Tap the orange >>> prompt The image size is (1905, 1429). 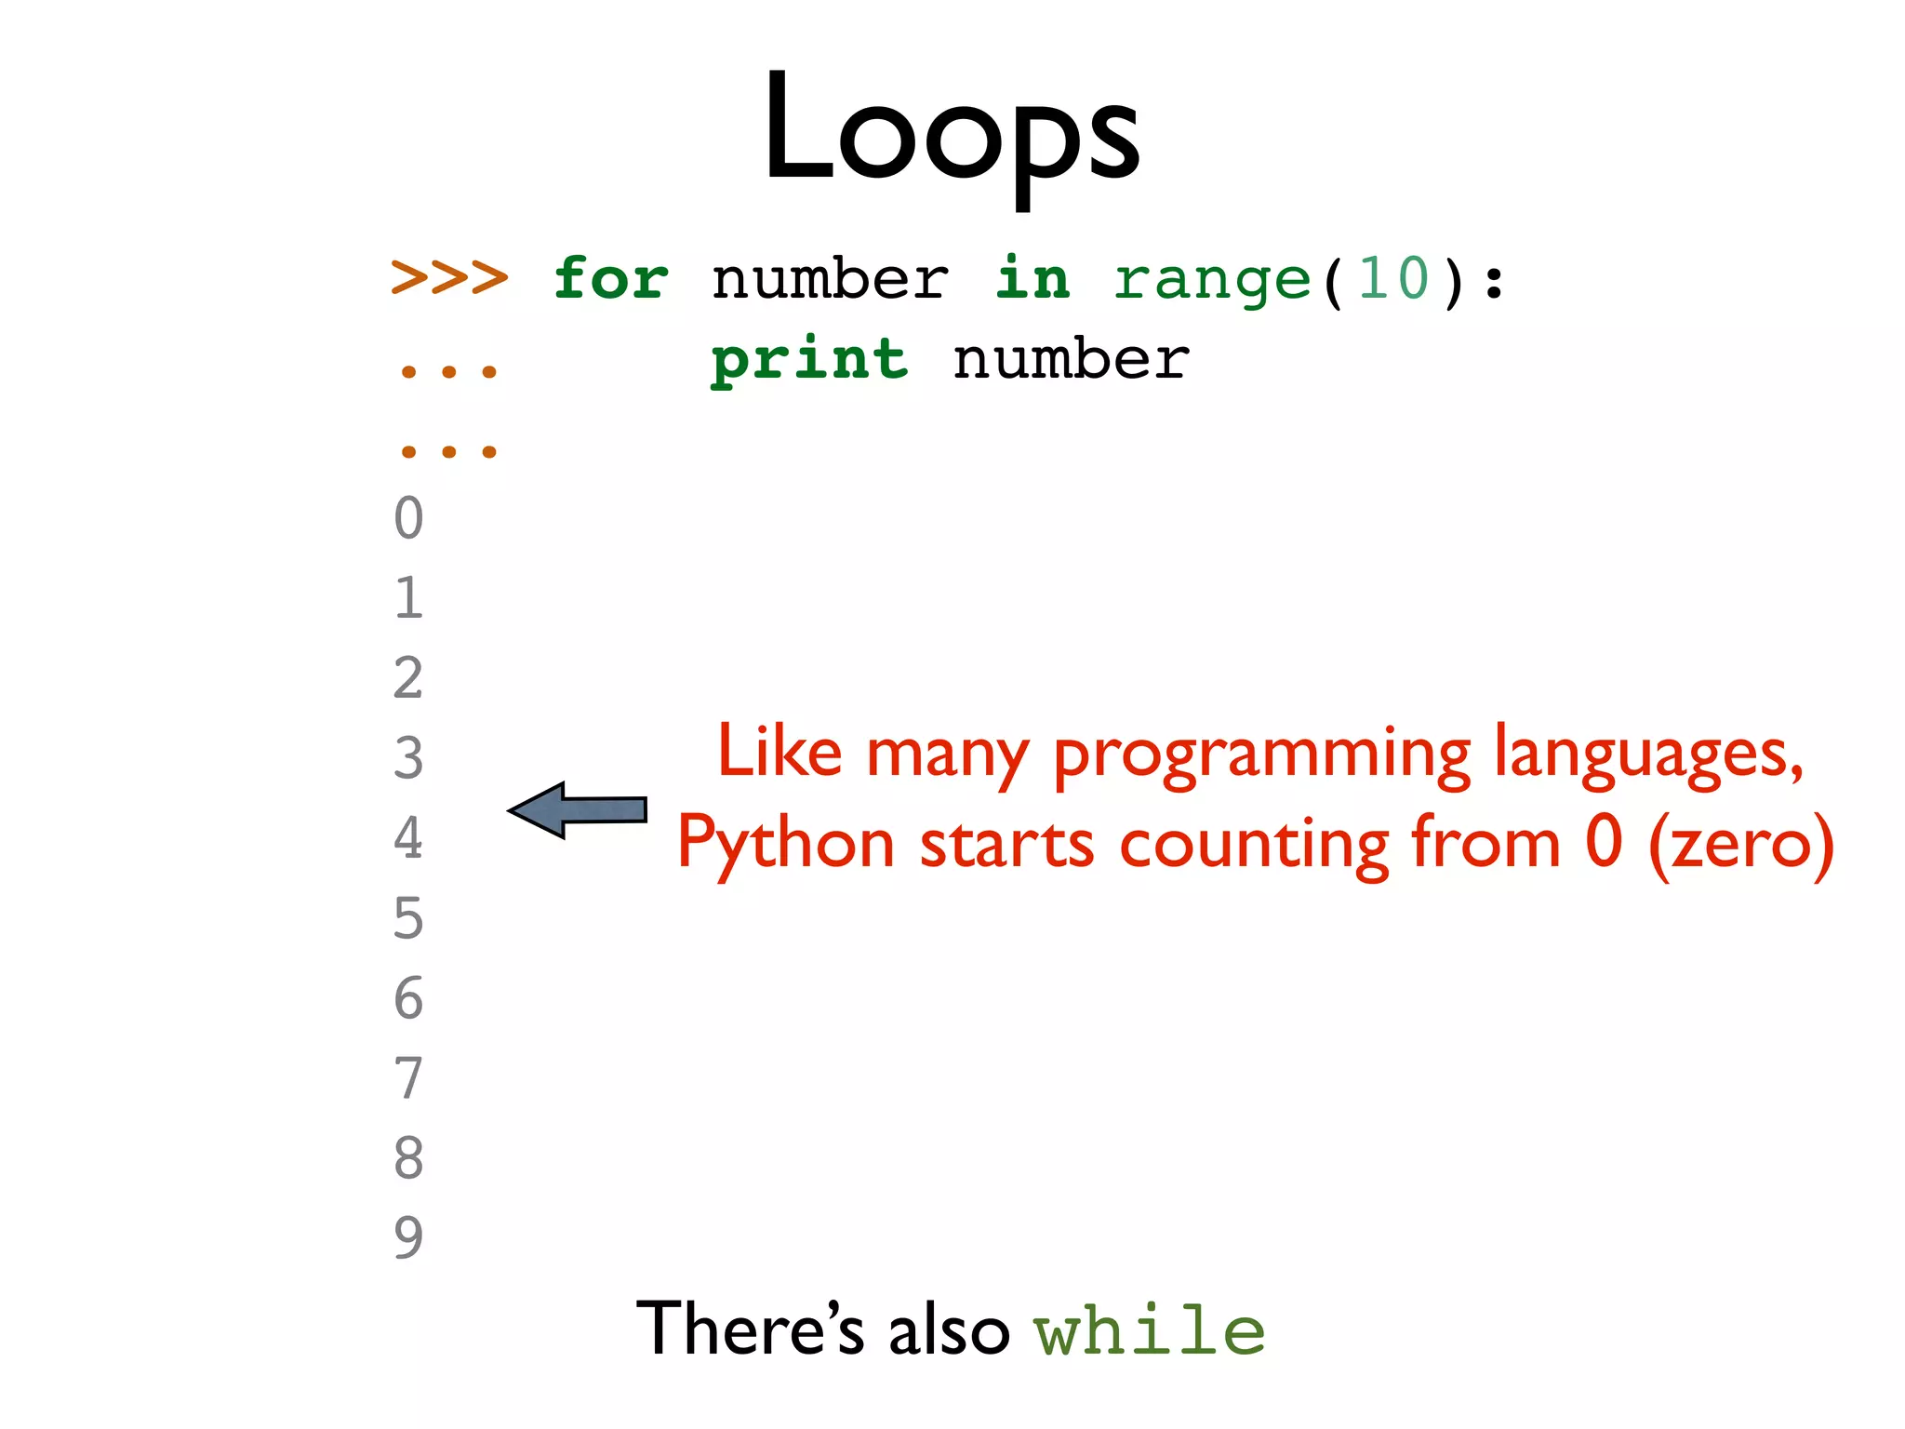[x=449, y=277]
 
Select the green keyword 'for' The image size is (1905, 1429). [x=610, y=278]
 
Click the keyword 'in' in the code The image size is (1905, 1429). [x=1032, y=278]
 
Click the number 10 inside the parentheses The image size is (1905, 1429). [x=1392, y=278]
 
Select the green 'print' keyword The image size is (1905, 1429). [x=808, y=361]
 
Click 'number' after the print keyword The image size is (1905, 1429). [x=1071, y=360]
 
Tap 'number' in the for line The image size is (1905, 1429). [x=830, y=280]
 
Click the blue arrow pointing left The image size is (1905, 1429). [x=579, y=809]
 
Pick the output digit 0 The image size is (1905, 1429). [x=408, y=518]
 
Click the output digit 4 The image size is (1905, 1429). [x=408, y=838]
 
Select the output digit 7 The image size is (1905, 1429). [x=408, y=1078]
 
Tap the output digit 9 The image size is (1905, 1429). [x=408, y=1237]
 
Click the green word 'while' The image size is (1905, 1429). [x=1150, y=1330]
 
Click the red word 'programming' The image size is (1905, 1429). [x=1262, y=755]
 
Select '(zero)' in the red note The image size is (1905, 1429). [x=1740, y=843]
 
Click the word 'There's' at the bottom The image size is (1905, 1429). [x=751, y=1329]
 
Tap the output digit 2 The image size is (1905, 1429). [x=408, y=678]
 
